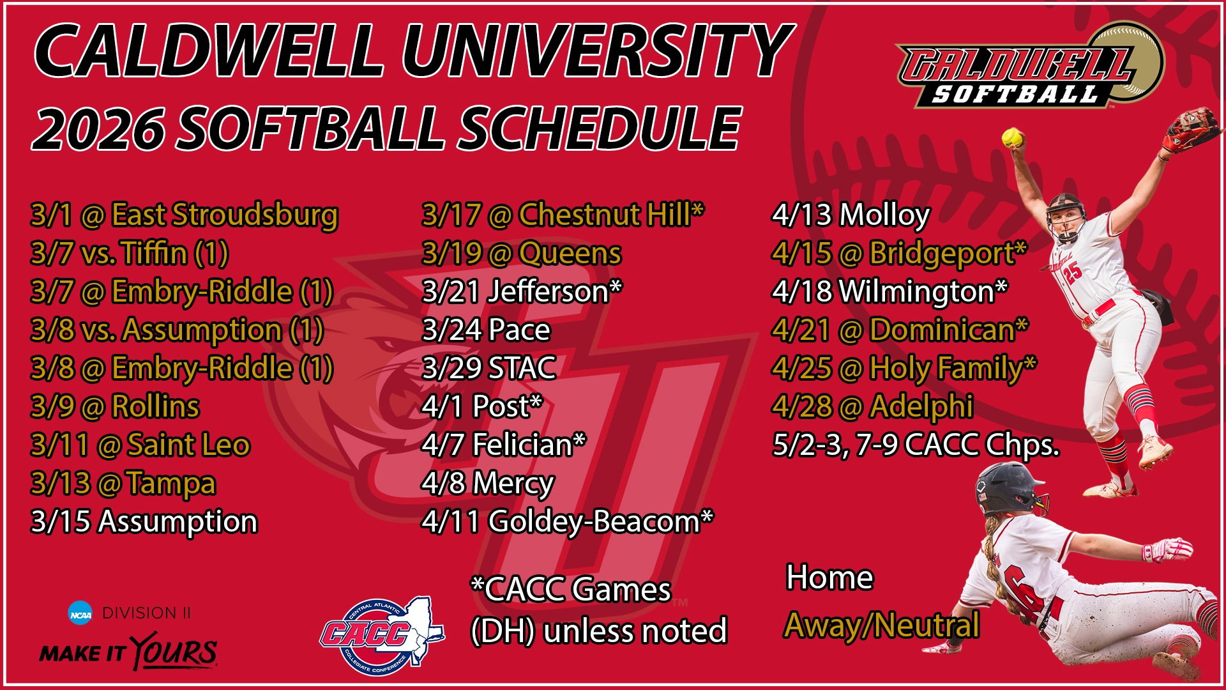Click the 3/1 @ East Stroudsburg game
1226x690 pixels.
[x=184, y=215]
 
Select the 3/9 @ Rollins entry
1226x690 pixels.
[x=115, y=407]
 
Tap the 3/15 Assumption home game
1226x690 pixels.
[x=144, y=522]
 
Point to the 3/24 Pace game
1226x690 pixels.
[x=486, y=330]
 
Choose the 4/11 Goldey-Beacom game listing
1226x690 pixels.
[x=567, y=522]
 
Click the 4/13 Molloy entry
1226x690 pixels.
[x=851, y=215]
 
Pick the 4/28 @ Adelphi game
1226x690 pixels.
[x=872, y=407]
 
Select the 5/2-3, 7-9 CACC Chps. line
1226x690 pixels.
[x=916, y=445]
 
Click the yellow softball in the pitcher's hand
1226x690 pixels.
[x=1012, y=137]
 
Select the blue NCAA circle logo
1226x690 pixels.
[x=80, y=614]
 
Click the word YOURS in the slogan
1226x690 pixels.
[x=174, y=652]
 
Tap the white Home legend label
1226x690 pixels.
[x=829, y=578]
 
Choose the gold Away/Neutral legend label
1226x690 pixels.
[x=882, y=625]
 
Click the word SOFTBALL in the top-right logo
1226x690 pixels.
[x=1015, y=95]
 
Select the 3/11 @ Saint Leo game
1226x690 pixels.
[x=140, y=445]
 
